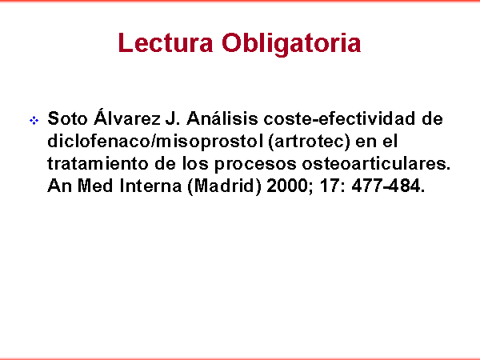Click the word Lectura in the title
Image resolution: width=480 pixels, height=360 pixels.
coord(166,43)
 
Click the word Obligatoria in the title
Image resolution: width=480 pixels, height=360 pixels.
coord(291,44)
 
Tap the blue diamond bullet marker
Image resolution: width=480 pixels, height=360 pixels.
coord(34,120)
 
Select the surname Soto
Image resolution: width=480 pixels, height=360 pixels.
coord(68,118)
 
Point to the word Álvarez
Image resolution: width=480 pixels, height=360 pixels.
coord(126,117)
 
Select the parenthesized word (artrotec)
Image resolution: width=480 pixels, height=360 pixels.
coord(309,142)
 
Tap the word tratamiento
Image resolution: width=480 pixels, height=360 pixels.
coord(98,164)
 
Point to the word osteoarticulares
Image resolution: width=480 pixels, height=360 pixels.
coord(376,164)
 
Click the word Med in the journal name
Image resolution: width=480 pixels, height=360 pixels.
coord(95,186)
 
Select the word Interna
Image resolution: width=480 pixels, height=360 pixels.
coord(150,186)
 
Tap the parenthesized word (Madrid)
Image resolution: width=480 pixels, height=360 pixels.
coord(224,186)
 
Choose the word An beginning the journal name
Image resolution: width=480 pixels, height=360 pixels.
coord(59,186)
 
